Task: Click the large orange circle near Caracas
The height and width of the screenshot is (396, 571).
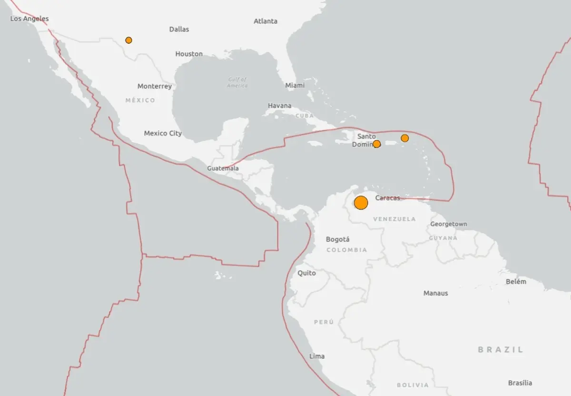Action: (x=361, y=203)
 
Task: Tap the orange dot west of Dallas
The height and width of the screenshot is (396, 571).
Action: (x=128, y=40)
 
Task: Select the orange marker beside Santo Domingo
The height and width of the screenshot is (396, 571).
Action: (x=376, y=144)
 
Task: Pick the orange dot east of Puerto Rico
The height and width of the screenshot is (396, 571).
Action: (x=404, y=138)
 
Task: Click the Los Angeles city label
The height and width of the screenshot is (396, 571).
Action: (x=30, y=19)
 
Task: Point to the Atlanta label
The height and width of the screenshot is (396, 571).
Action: (x=266, y=21)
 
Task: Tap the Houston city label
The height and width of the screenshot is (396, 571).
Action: (x=189, y=54)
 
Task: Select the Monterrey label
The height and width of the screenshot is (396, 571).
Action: (x=155, y=86)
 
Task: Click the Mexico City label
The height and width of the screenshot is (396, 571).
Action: (x=163, y=133)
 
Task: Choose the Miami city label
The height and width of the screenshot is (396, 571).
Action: (x=295, y=85)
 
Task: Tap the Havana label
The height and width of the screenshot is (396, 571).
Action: (x=280, y=106)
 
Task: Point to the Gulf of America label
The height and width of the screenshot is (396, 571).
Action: (x=237, y=82)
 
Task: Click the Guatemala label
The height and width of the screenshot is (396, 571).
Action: (x=223, y=168)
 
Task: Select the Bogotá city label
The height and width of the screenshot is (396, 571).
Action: (x=338, y=239)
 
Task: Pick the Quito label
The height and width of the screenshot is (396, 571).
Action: (x=306, y=273)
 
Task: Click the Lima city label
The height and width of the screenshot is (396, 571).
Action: (x=317, y=356)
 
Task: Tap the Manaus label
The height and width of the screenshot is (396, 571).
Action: (x=435, y=293)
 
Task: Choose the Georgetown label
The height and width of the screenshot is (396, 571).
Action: (x=448, y=224)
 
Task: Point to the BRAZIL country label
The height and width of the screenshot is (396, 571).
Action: (x=501, y=349)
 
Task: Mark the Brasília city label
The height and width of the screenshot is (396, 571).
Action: (x=520, y=383)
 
